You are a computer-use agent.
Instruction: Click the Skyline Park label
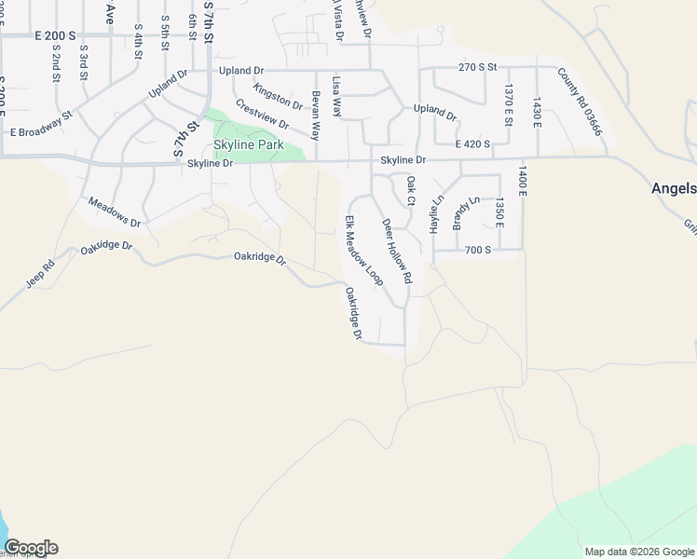[x=248, y=145]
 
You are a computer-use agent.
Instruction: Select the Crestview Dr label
[x=262, y=115]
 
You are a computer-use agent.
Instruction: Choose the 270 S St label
[x=479, y=67]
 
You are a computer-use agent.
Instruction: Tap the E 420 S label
[x=472, y=144]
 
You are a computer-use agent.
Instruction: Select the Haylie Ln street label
[x=434, y=214]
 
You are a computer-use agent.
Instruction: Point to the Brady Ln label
[x=465, y=213]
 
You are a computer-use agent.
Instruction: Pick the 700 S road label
[x=477, y=251]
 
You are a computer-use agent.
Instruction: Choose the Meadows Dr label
[x=114, y=212]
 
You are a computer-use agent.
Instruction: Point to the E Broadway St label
[x=41, y=127]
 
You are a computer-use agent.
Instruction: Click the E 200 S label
[x=54, y=34]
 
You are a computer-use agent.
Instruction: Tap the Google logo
[x=31, y=548]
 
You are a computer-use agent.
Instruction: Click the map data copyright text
[x=638, y=552]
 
